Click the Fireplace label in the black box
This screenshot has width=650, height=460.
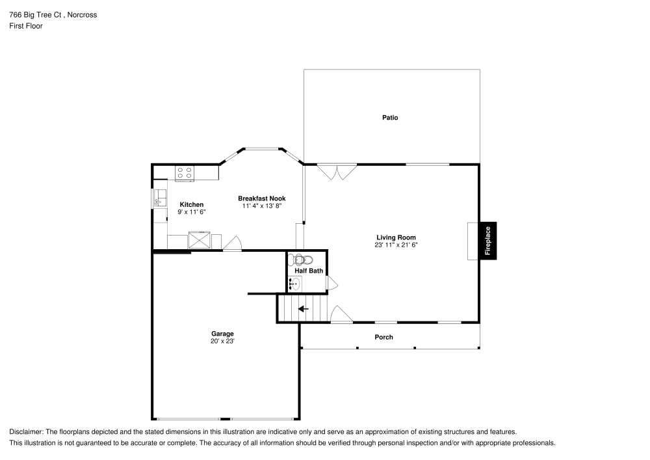click(487, 241)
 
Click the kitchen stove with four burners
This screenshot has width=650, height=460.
click(185, 173)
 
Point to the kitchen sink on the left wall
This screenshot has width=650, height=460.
click(159, 197)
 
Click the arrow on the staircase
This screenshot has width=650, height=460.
click(303, 308)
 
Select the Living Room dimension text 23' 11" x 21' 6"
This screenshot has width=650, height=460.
click(395, 245)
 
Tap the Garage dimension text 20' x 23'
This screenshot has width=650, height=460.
click(222, 341)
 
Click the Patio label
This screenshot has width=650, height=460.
click(390, 118)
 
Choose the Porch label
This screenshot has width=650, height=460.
click(383, 337)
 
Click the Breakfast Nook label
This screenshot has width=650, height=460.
click(261, 198)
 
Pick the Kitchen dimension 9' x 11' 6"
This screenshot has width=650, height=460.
click(192, 212)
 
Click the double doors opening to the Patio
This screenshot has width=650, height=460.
click(337, 171)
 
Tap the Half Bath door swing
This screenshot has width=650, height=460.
click(331, 283)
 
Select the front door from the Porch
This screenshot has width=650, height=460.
click(341, 315)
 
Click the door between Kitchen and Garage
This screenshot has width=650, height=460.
click(232, 244)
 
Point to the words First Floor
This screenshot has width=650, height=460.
click(26, 26)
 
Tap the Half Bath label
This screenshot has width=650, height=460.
click(309, 271)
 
